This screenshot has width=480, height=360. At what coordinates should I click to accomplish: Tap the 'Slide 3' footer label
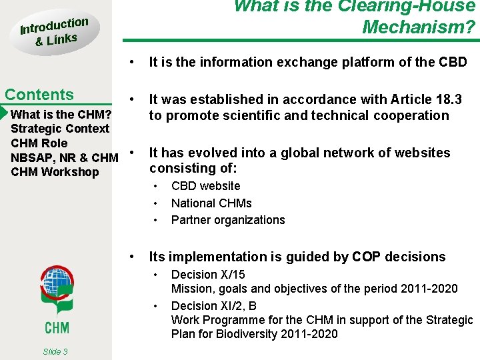pos(55,351)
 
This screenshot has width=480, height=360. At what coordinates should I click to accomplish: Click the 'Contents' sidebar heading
pos(39,95)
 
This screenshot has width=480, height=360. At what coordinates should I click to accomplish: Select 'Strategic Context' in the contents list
pos(60,128)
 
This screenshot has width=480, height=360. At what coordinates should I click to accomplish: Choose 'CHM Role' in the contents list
pos(39,143)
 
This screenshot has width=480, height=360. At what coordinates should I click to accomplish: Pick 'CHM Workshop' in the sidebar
pos(55,172)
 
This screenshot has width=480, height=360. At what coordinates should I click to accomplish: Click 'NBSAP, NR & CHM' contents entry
pos(65,157)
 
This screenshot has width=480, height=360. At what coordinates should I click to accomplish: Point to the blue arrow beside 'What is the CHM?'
pos(5,113)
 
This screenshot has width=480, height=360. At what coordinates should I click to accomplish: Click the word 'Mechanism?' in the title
pos(419,27)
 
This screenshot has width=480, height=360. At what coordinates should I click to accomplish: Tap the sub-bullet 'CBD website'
pos(205,186)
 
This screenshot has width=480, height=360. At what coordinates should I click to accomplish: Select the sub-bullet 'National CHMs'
pos(211,203)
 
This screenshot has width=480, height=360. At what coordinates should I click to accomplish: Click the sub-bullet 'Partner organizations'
pos(228,220)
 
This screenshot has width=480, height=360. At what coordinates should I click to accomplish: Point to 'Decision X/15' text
pos(208,275)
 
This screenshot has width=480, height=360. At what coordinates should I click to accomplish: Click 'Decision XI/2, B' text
pos(214,306)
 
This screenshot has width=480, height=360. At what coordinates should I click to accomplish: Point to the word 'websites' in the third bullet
pos(425,153)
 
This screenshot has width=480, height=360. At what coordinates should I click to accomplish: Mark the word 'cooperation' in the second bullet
pos(412,115)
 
